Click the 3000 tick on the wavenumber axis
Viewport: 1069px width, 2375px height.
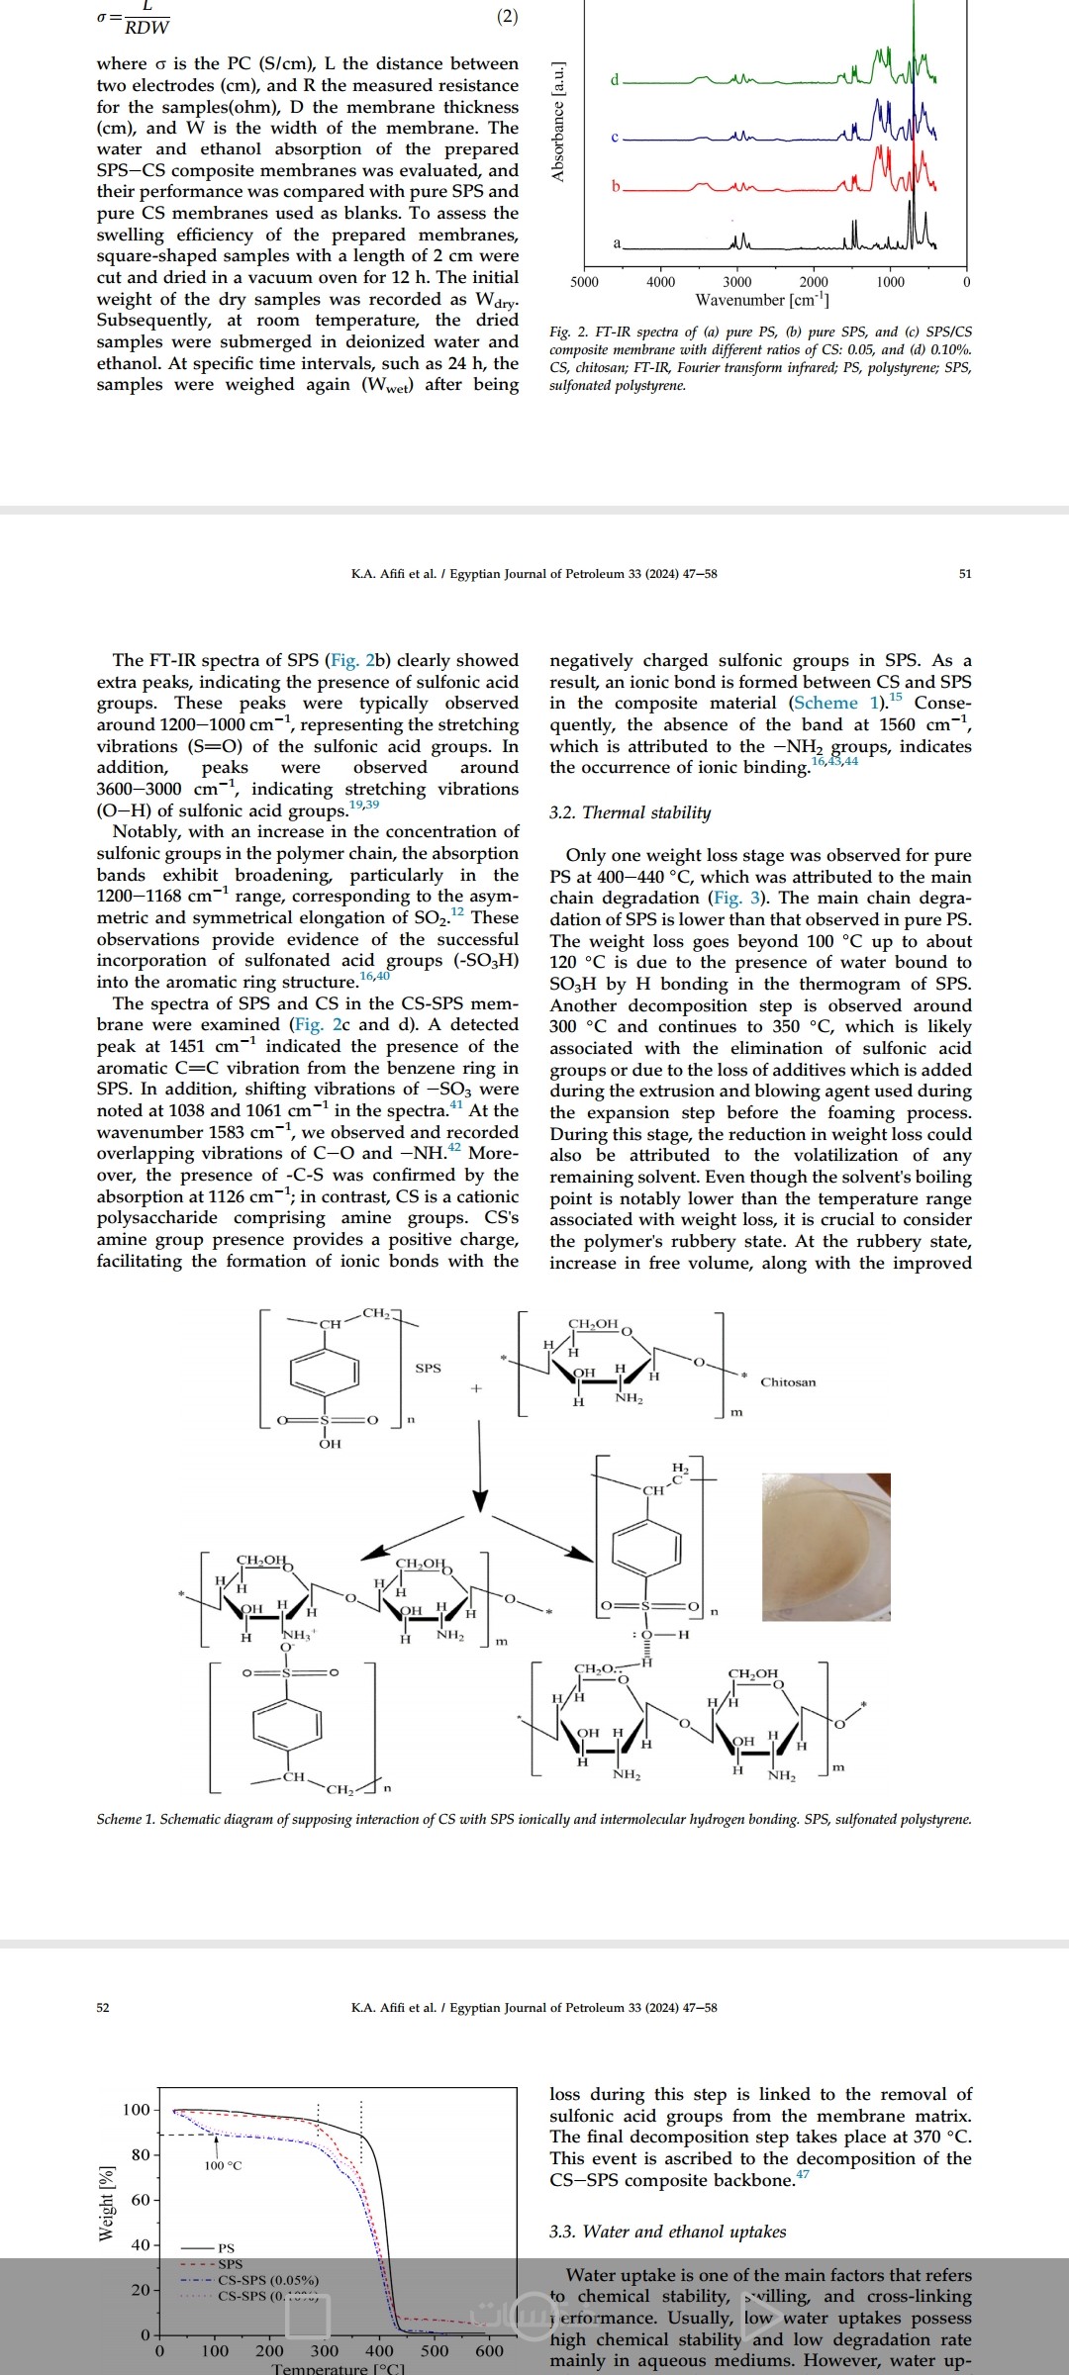click(x=736, y=282)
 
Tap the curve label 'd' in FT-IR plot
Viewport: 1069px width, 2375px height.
click(x=615, y=79)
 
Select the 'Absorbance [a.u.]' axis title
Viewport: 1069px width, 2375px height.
click(x=558, y=122)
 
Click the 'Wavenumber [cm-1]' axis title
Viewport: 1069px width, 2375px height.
click(x=762, y=300)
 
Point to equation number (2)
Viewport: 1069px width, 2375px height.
click(x=506, y=17)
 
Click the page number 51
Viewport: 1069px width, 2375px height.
click(x=965, y=574)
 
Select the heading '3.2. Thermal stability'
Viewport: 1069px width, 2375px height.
click(x=630, y=812)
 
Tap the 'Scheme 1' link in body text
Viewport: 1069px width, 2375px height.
click(x=837, y=703)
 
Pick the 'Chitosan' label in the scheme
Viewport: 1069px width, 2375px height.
click(x=788, y=1382)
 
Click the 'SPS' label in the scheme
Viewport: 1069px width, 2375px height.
click(x=428, y=1368)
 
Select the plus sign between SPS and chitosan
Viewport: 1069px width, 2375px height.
click(x=475, y=1388)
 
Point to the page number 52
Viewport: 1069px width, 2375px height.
click(x=103, y=2007)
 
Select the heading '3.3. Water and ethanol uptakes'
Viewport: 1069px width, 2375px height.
click(x=667, y=2232)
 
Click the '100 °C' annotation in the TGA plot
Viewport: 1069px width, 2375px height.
click(x=223, y=2166)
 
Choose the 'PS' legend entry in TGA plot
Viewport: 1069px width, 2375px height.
click(x=227, y=2247)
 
